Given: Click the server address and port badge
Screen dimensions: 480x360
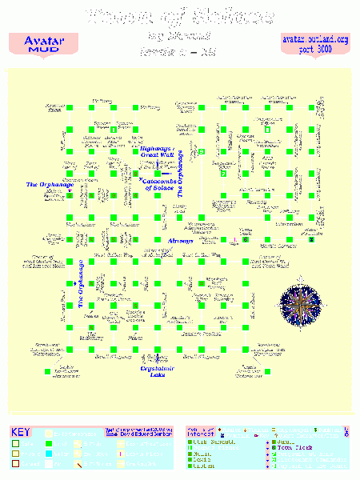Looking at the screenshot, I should tap(315, 44).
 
